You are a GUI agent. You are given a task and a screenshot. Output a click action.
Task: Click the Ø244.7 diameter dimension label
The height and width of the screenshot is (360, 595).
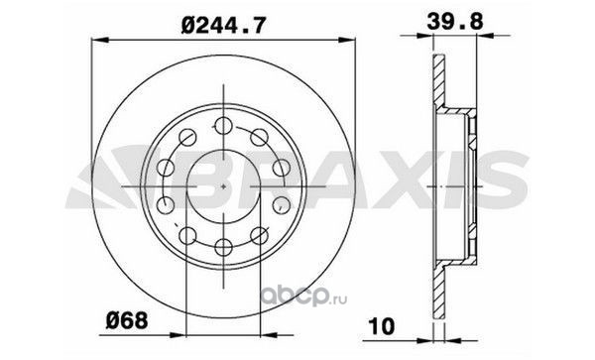tap(222, 24)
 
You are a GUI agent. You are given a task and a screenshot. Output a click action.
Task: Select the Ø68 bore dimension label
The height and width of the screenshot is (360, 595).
tap(126, 321)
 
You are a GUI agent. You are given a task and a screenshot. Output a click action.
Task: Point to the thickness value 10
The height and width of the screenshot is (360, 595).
tap(382, 326)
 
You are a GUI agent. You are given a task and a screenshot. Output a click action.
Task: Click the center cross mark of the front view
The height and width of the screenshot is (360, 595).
tap(223, 186)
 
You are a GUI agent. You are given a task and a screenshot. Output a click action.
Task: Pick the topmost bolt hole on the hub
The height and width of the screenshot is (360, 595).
tap(223, 126)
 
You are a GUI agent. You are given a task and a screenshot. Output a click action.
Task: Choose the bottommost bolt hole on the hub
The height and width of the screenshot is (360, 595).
tap(223, 247)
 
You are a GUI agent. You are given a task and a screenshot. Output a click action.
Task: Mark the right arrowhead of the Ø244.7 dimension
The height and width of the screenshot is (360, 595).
tap(346, 40)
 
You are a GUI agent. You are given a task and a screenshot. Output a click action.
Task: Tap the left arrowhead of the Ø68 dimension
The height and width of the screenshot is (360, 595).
tap(178, 335)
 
